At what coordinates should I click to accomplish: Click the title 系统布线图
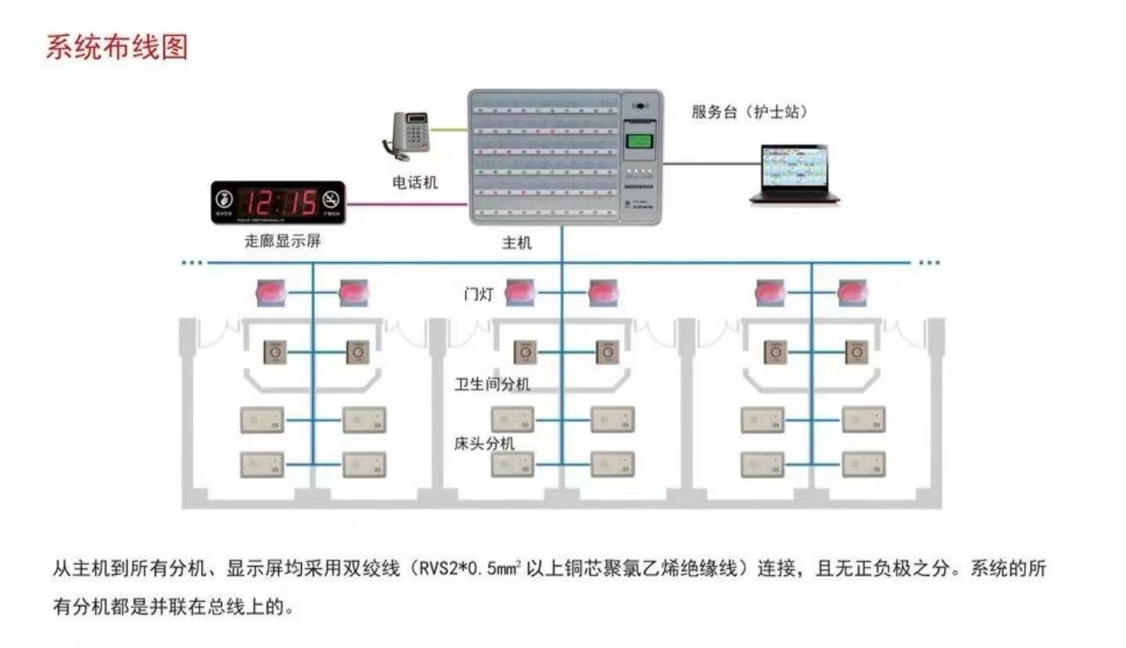click(117, 47)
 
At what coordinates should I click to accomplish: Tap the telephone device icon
click(410, 135)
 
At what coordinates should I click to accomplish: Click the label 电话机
click(415, 183)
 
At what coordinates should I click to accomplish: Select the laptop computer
click(794, 174)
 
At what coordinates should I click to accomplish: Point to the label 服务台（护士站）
click(749, 112)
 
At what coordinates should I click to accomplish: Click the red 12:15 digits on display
click(278, 203)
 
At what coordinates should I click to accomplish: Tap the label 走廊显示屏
click(282, 241)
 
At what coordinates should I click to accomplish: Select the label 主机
click(517, 243)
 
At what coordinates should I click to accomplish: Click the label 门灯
click(479, 295)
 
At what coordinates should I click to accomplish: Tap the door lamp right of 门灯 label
click(520, 293)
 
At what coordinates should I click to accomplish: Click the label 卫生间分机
click(493, 384)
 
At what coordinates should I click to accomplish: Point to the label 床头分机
click(485, 444)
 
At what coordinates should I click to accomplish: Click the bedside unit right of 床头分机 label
click(513, 464)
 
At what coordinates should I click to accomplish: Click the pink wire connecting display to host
click(407, 203)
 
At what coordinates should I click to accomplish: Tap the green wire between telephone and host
click(449, 131)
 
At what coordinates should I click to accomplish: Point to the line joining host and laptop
click(712, 164)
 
